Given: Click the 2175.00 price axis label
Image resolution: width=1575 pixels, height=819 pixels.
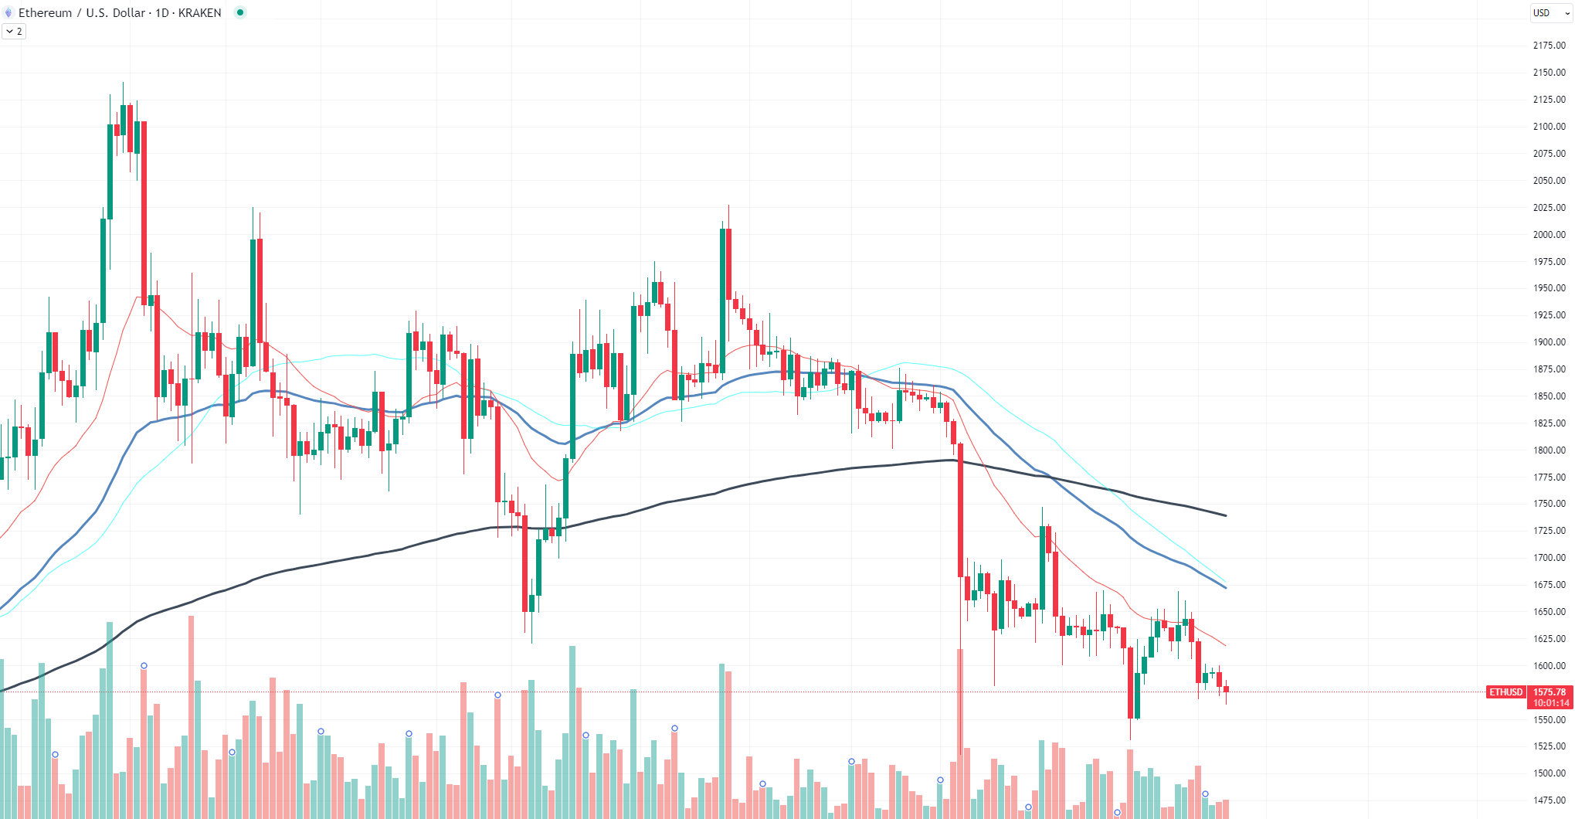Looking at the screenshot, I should pyautogui.click(x=1549, y=46).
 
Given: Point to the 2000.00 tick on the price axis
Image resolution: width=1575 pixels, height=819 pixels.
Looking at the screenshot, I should pyautogui.click(x=1549, y=235).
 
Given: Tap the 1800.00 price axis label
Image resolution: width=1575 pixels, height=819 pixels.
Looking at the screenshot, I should pyautogui.click(x=1549, y=450).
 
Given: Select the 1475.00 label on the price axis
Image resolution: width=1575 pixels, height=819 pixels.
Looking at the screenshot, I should pyautogui.click(x=1549, y=800).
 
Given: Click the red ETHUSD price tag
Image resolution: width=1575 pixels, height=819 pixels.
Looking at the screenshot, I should pyautogui.click(x=1505, y=692).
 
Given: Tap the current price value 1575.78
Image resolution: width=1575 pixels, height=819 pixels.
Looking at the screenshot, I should pyautogui.click(x=1550, y=692).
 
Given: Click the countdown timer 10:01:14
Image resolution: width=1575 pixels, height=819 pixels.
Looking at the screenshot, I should pyautogui.click(x=1551, y=703).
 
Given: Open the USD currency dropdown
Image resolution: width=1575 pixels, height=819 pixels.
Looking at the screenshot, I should pyautogui.click(x=1551, y=13).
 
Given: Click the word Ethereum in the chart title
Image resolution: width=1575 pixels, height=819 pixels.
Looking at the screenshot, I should pyautogui.click(x=45, y=13).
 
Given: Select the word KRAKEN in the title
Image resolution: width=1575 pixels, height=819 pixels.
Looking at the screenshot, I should pyautogui.click(x=199, y=13).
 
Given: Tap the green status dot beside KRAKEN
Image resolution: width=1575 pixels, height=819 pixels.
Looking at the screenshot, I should pyautogui.click(x=240, y=12).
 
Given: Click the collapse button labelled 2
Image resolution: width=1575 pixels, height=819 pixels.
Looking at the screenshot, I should pyautogui.click(x=14, y=32).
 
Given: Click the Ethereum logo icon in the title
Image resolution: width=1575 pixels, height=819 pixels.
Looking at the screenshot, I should pyautogui.click(x=8, y=13).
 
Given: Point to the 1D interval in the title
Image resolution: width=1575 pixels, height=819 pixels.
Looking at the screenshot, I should pyautogui.click(x=162, y=13).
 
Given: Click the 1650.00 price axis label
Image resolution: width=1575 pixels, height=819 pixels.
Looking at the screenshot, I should pyautogui.click(x=1549, y=612).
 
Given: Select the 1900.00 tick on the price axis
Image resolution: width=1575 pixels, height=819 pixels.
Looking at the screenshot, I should pyautogui.click(x=1549, y=342).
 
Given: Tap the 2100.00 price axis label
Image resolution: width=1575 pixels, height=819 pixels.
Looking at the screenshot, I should pyautogui.click(x=1549, y=127).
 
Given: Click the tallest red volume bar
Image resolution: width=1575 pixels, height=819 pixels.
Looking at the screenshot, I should pyautogui.click(x=960, y=734).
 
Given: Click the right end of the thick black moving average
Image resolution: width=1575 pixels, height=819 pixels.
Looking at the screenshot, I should pyautogui.click(x=1226, y=515).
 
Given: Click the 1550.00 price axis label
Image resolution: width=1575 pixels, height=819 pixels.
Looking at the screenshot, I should pyautogui.click(x=1549, y=720).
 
